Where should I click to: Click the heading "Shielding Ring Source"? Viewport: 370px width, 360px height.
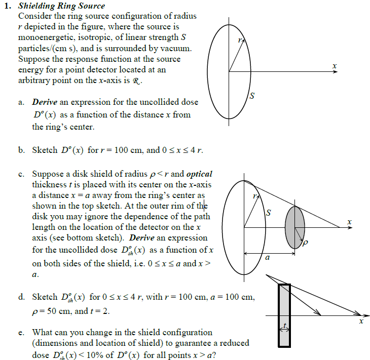click(x=61, y=6)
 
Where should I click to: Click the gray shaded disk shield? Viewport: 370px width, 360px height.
click(x=295, y=226)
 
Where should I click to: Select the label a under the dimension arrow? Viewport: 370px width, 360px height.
click(x=267, y=258)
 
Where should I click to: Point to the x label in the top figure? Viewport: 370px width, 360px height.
click(x=334, y=66)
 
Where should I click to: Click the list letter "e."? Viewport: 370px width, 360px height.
click(x=22, y=333)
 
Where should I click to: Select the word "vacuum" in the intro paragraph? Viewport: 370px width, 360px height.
click(x=175, y=49)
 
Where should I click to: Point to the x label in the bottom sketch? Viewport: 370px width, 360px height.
click(x=361, y=321)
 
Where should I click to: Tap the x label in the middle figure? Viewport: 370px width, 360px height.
click(x=349, y=222)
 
